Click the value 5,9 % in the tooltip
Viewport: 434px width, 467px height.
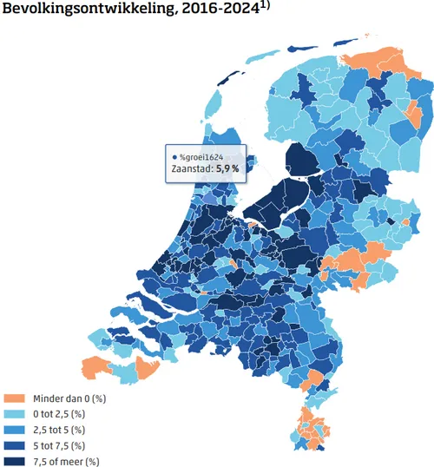229,170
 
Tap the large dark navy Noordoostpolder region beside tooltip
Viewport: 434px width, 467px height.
300,161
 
